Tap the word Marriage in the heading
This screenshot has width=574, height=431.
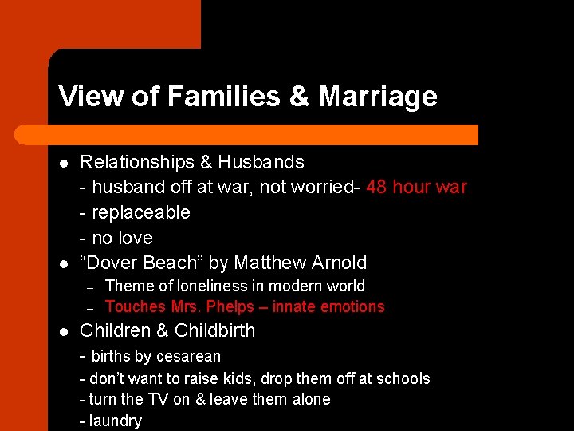coord(378,97)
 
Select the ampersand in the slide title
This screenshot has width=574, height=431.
coord(299,97)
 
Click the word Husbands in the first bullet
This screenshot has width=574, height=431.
coord(262,162)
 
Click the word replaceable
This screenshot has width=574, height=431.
coord(141,212)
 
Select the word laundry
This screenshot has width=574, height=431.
coord(116,421)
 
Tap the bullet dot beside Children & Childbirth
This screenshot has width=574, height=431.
coord(65,331)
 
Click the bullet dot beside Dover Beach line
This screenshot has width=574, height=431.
coord(65,263)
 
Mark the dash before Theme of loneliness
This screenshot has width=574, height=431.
coord(91,287)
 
